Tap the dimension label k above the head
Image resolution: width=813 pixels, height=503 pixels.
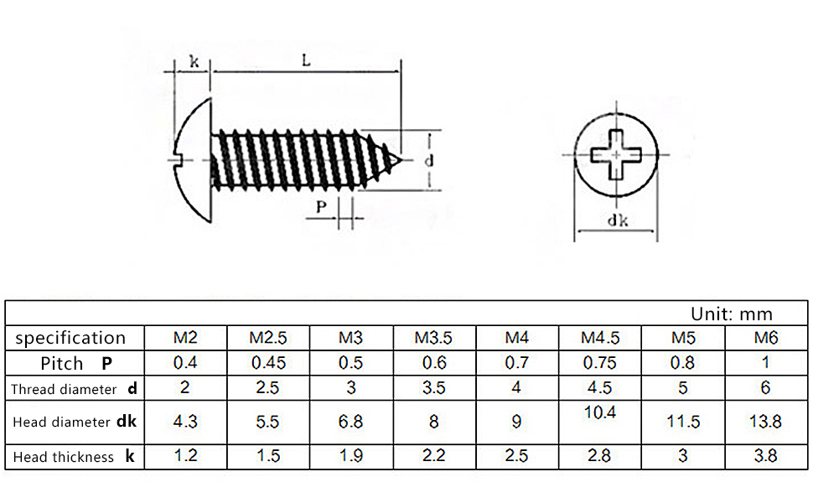point(194,60)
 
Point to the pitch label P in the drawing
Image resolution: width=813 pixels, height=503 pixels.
point(321,207)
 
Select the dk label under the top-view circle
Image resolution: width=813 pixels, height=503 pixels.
point(619,221)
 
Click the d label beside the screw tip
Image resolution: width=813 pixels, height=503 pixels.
point(427,159)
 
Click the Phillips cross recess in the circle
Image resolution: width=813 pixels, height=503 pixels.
point(616,156)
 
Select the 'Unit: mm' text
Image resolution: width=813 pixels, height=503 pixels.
point(731,314)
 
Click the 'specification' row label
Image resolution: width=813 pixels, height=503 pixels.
point(70,338)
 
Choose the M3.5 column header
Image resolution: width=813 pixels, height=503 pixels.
point(433,339)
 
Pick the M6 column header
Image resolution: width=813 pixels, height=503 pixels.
point(765,339)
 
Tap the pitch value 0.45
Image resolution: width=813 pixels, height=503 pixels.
point(267,363)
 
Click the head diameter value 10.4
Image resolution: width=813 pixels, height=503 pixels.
point(600,412)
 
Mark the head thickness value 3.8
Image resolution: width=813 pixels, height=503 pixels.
point(765,456)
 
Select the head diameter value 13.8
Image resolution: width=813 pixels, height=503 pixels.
point(765,422)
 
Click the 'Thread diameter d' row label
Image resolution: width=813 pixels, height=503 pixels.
point(74,389)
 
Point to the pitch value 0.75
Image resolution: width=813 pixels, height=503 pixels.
point(600,363)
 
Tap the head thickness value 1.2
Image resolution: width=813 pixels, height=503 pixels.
point(185,456)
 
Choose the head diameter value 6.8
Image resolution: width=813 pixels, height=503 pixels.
point(350,422)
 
